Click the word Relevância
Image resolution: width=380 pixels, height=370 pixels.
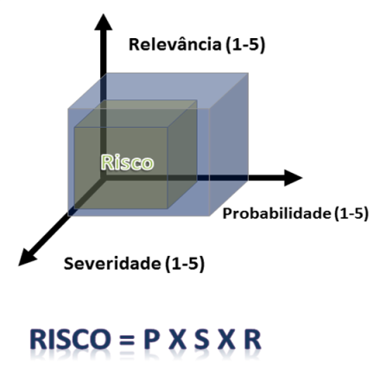(x=175, y=45)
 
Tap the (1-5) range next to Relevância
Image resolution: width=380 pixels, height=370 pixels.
(x=245, y=45)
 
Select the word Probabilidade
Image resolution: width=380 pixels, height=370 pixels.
(x=276, y=214)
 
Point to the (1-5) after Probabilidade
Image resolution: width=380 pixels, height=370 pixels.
(x=351, y=214)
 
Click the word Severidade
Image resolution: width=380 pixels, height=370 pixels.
(x=112, y=264)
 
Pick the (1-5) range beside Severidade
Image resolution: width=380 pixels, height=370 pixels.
(x=185, y=264)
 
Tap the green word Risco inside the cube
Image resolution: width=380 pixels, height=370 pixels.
(x=127, y=163)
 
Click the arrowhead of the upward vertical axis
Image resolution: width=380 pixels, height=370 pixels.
(x=104, y=22)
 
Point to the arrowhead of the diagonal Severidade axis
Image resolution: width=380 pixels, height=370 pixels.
(x=27, y=258)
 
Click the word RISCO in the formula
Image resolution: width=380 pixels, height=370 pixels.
(x=71, y=339)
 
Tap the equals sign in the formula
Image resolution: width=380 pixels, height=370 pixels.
(x=126, y=340)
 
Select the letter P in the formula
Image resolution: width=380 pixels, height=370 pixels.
(x=151, y=339)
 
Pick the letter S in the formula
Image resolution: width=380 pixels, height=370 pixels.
(x=201, y=339)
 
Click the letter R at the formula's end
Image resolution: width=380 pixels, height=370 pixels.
(x=252, y=339)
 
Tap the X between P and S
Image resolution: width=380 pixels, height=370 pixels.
(x=177, y=339)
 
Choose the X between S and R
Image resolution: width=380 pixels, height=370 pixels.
(x=226, y=339)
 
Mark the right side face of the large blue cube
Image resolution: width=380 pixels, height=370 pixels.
(x=229, y=144)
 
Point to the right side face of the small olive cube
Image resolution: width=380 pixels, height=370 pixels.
(x=182, y=154)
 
